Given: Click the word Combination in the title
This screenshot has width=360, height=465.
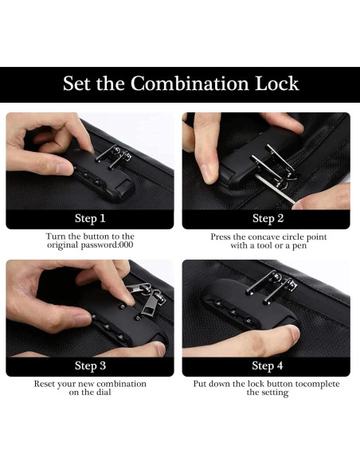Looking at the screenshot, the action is [x=190, y=84].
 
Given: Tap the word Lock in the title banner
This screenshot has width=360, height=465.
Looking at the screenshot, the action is [x=277, y=84].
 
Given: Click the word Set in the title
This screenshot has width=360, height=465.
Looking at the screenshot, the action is [x=76, y=84].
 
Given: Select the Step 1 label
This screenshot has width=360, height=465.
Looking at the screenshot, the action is [x=90, y=218].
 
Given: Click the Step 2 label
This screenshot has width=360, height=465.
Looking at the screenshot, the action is [x=268, y=218].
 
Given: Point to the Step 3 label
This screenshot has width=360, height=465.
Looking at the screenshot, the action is [x=90, y=365].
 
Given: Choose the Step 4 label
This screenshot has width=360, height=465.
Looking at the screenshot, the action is [x=267, y=365].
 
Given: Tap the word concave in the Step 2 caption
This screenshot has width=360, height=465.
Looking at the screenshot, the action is [x=264, y=237].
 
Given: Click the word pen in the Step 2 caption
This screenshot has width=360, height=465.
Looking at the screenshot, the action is [x=299, y=246].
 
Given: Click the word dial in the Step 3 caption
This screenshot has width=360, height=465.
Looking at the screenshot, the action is [x=104, y=392].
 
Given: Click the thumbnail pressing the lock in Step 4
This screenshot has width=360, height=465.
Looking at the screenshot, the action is [x=294, y=333].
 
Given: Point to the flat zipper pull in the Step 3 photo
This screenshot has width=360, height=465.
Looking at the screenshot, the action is [x=151, y=303].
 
